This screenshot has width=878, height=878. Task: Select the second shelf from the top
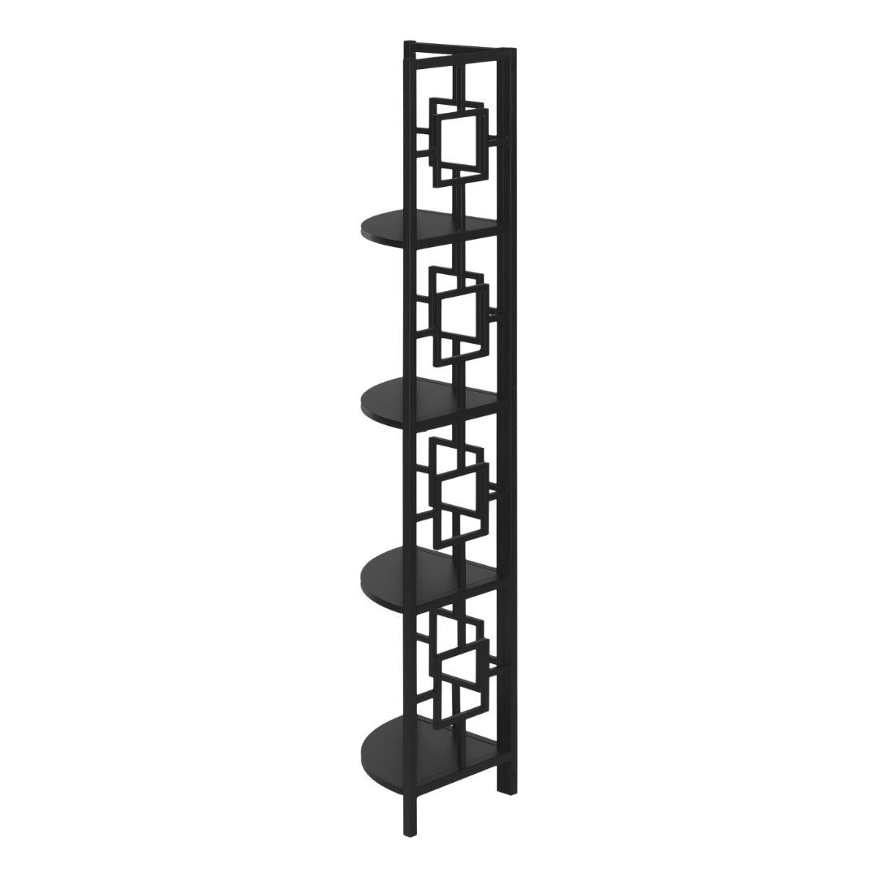click(423, 398)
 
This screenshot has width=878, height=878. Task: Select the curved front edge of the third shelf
click(364, 577)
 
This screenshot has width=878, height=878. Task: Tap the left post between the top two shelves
click(411, 309)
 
